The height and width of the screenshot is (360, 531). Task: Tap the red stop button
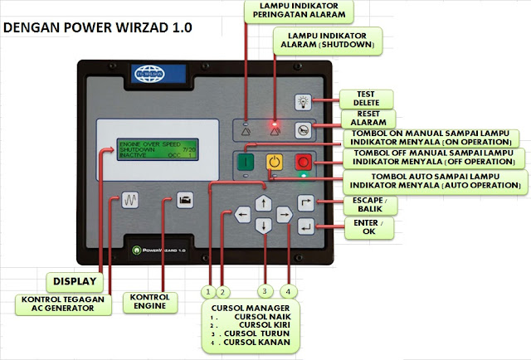(x=303, y=163)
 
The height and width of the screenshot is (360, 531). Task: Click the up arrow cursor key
(x=263, y=202)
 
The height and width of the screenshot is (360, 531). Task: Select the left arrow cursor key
(x=242, y=215)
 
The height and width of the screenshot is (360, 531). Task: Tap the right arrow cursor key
(x=284, y=215)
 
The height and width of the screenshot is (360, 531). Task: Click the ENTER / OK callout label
(x=362, y=227)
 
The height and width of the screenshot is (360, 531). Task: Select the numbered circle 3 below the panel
(x=265, y=291)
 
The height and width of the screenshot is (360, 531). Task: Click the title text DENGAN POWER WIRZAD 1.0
(x=98, y=27)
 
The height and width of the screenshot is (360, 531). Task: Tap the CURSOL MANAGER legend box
(x=251, y=326)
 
